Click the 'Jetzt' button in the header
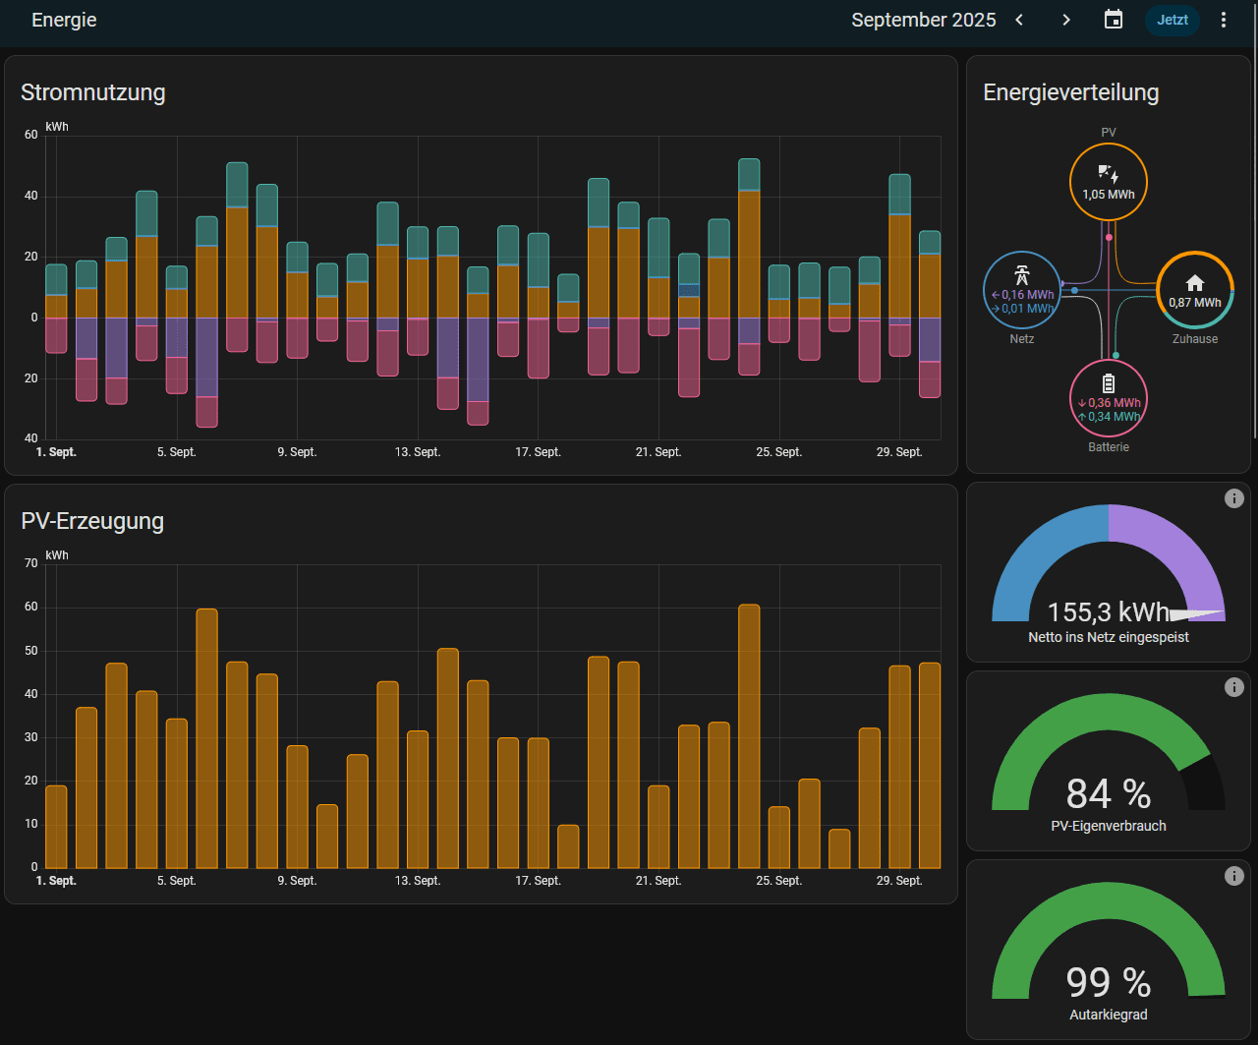coord(1172,20)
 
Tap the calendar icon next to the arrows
coord(1114,20)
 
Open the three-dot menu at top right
coord(1224,20)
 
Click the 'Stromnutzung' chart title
coord(93,92)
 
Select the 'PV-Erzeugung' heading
coord(92,521)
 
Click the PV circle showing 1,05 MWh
coord(1109,182)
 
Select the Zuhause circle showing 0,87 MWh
coord(1195,290)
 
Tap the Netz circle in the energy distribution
coord(1022,290)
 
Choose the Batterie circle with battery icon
coord(1109,398)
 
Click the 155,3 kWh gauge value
coord(1109,612)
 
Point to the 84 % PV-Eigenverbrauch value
coord(1109,793)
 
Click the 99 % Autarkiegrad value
coord(1109,982)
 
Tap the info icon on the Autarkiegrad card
coord(1234,876)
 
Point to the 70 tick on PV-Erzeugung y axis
coord(31,563)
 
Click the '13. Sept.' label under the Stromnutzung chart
coord(418,452)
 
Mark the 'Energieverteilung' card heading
coord(1071,92)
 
